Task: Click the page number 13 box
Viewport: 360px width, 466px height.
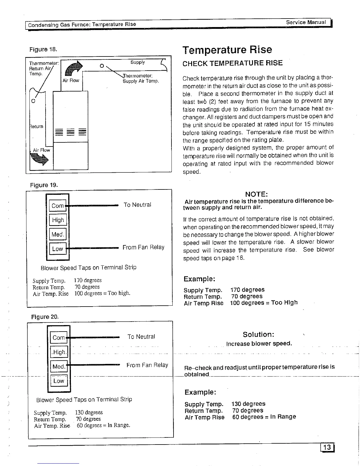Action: (x=327, y=447)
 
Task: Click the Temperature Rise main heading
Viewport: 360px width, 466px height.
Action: (x=227, y=49)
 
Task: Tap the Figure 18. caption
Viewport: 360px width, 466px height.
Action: (x=43, y=49)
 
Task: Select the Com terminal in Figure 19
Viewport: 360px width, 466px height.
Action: (x=58, y=206)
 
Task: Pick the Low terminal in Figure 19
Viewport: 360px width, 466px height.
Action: (x=58, y=249)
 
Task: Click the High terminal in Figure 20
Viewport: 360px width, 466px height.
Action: (x=59, y=352)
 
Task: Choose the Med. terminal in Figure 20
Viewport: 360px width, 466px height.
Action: (x=59, y=367)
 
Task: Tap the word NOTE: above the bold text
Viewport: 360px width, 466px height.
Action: (x=256, y=194)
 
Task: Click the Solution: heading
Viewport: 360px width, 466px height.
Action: (x=259, y=334)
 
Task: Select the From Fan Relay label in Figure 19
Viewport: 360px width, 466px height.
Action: (x=143, y=247)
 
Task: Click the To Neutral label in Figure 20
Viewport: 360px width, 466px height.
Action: (x=141, y=337)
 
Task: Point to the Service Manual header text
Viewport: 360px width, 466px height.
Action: (x=306, y=22)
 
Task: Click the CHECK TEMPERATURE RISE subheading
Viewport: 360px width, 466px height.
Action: (x=232, y=63)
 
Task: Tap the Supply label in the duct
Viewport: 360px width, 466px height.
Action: (x=138, y=62)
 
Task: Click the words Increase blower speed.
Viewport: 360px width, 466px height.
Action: (x=259, y=344)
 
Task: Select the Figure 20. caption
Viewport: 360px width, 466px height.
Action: (x=45, y=317)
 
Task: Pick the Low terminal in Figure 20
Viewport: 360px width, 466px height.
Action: (x=59, y=381)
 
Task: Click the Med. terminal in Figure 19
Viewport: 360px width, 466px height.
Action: (x=58, y=234)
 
